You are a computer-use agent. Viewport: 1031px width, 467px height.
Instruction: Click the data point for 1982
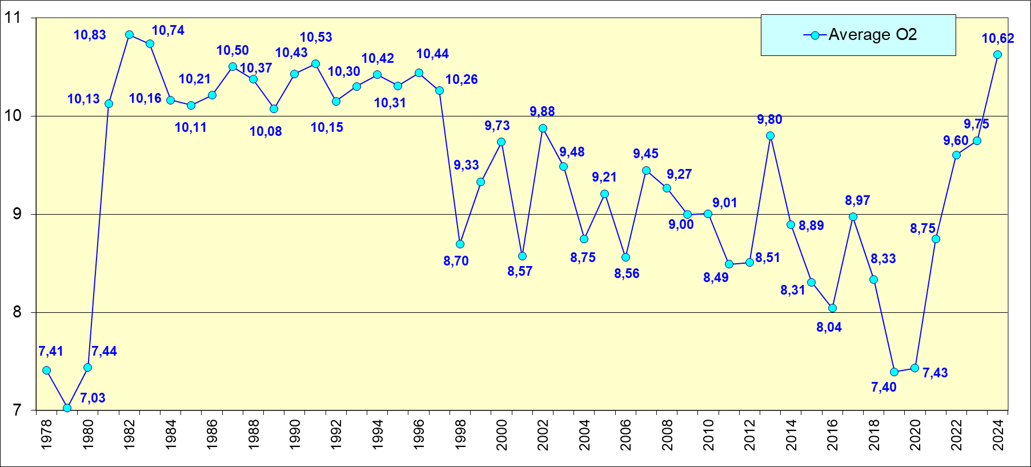129,35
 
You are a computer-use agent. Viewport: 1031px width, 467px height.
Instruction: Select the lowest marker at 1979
67,408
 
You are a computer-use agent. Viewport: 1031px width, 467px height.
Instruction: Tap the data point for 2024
997,55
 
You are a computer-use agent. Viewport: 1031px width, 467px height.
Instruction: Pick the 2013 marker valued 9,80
770,136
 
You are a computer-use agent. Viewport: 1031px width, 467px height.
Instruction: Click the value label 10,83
90,35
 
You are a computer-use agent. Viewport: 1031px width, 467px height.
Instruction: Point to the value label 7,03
93,398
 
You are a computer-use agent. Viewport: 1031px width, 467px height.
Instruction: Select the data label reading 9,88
542,112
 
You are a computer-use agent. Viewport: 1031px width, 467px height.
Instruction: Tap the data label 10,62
998,39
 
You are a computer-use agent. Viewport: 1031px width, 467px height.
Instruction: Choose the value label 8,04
829,328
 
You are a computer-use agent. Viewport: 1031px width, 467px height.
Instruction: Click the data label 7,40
884,388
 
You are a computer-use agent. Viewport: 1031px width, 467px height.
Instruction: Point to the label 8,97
857,201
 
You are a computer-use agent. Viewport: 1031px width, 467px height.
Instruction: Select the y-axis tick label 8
17,312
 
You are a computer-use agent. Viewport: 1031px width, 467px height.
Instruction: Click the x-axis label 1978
46,435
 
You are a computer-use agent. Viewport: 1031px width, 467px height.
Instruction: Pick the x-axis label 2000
502,435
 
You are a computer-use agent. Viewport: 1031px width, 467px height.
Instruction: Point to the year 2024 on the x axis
998,435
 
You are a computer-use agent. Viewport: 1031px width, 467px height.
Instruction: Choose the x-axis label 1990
295,435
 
